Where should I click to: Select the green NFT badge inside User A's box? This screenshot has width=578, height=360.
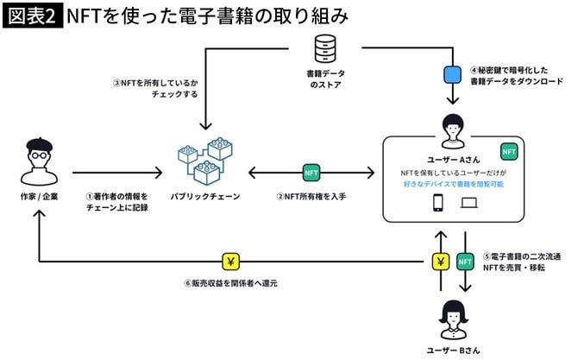(x=510, y=152)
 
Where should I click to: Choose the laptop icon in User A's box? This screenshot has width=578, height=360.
(x=469, y=205)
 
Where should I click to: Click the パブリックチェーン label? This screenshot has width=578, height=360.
(x=205, y=197)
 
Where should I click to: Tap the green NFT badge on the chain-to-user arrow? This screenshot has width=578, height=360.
(x=311, y=173)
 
